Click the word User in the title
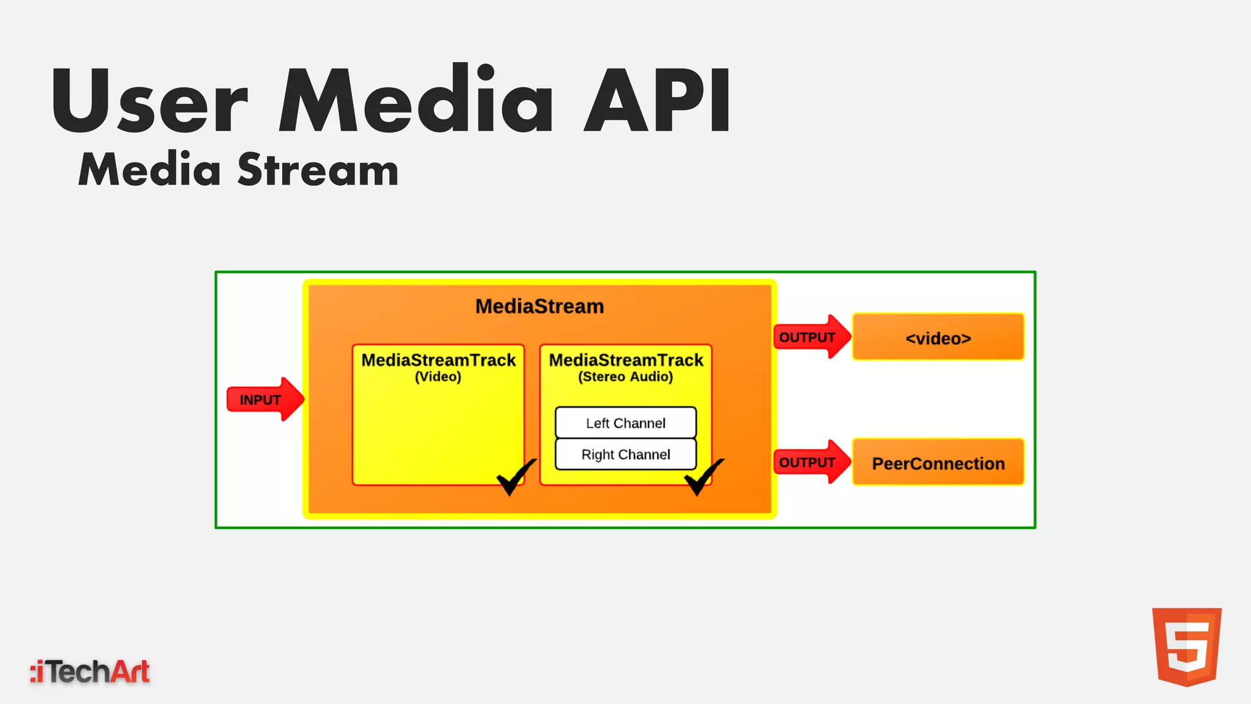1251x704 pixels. [150, 101]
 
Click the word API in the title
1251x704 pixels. [658, 101]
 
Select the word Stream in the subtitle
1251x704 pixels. [318, 170]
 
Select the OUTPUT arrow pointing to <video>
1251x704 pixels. [811, 337]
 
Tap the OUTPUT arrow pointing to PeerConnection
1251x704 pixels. [811, 462]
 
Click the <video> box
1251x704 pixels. [938, 337]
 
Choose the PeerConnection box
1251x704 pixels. [938, 463]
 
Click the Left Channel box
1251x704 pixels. [625, 423]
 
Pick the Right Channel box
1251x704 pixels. [625, 455]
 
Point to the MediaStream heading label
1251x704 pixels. [539, 306]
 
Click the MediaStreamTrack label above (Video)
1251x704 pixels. [439, 360]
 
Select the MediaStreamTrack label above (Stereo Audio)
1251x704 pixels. [626, 360]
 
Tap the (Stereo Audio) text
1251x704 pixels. [625, 376]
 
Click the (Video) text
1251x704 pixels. [438, 376]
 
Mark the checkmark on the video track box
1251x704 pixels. [515, 477]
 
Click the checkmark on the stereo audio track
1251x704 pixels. [702, 477]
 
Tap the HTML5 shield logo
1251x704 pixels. [1186, 647]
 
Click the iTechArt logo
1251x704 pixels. [90, 672]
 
